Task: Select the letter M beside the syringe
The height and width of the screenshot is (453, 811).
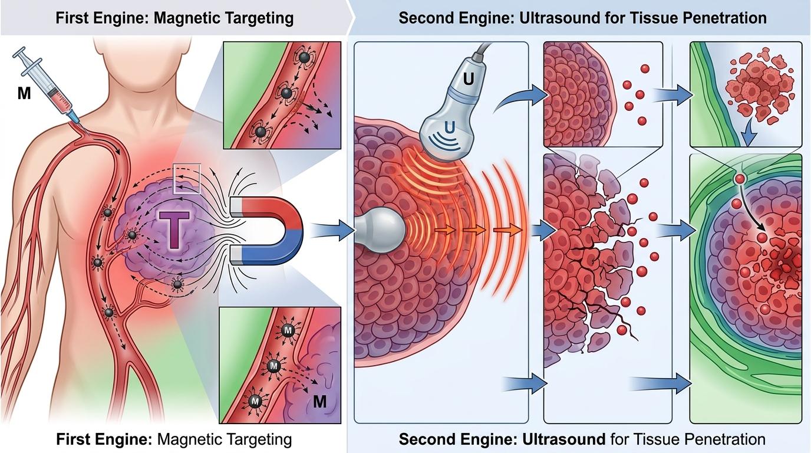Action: click(x=24, y=93)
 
